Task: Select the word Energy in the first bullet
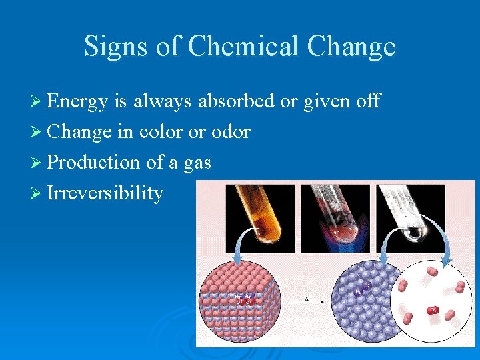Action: pyautogui.click(x=77, y=101)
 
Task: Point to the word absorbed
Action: pyautogui.click(x=237, y=101)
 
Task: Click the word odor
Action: pyautogui.click(x=231, y=131)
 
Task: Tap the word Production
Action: pyautogui.click(x=93, y=162)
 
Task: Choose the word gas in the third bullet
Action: pyautogui.click(x=196, y=163)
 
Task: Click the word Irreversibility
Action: pyautogui.click(x=105, y=193)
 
